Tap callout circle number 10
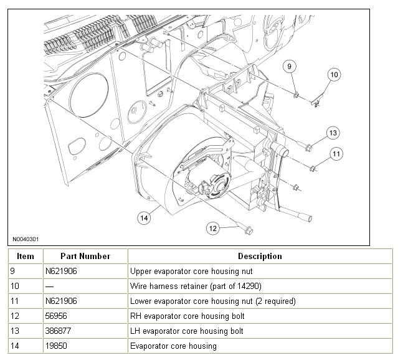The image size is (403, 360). click(x=334, y=75)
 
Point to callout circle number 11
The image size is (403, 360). click(x=336, y=153)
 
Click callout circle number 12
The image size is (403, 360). click(x=213, y=228)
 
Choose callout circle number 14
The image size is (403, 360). click(x=144, y=217)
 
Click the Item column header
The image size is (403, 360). click(x=26, y=256)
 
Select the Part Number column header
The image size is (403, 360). click(x=85, y=256)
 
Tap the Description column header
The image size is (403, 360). click(x=260, y=256)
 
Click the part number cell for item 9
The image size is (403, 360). click(x=61, y=271)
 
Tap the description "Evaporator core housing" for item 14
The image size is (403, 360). click(x=173, y=346)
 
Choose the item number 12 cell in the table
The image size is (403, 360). click(x=14, y=316)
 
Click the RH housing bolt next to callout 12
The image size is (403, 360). click(x=249, y=231)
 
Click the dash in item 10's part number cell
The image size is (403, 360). click(x=49, y=286)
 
